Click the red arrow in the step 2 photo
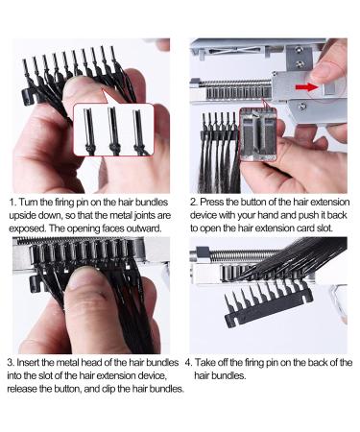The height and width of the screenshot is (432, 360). (x=306, y=86)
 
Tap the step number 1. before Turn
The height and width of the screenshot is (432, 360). (x=12, y=203)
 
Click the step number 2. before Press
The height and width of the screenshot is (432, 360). (x=194, y=203)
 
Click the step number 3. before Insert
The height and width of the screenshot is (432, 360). (x=11, y=363)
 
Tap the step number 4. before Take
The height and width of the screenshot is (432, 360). (x=189, y=363)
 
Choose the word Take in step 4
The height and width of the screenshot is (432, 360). (x=204, y=363)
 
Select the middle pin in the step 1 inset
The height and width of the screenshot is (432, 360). (x=113, y=132)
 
